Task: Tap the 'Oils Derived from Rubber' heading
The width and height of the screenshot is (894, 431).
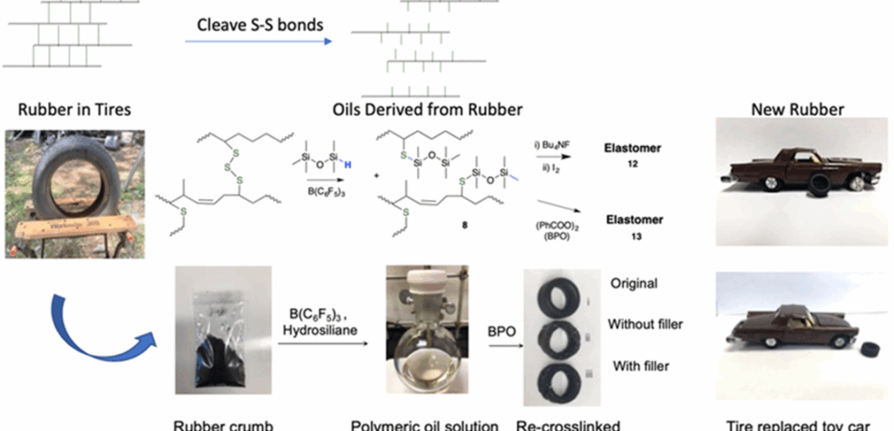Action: click(x=428, y=110)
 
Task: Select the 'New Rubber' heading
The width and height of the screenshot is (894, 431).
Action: click(x=796, y=110)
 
